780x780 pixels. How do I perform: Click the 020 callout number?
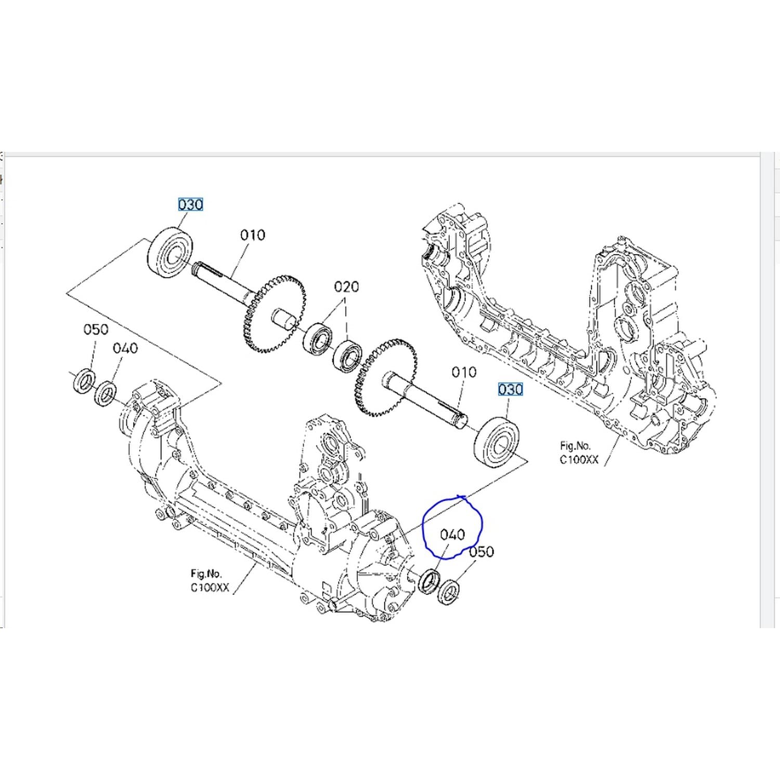click(x=346, y=287)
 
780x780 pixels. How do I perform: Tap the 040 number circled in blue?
click(x=452, y=534)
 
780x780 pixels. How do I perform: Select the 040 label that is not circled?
click(x=125, y=348)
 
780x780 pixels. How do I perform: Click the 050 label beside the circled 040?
click(x=482, y=552)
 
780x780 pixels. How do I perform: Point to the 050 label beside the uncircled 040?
click(x=96, y=329)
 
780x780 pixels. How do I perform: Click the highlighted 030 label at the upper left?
click(x=190, y=204)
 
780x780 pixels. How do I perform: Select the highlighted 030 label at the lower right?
click(x=510, y=389)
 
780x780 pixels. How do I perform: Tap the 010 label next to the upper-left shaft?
click(x=253, y=235)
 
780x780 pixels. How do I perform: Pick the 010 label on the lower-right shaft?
click(x=464, y=372)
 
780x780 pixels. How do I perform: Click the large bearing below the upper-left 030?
click(x=171, y=252)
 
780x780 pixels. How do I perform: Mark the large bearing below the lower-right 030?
click(x=497, y=443)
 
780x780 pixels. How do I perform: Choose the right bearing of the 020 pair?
click(x=348, y=356)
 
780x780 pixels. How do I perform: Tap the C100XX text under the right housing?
click(x=579, y=459)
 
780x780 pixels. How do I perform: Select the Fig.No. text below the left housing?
click(x=206, y=574)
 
